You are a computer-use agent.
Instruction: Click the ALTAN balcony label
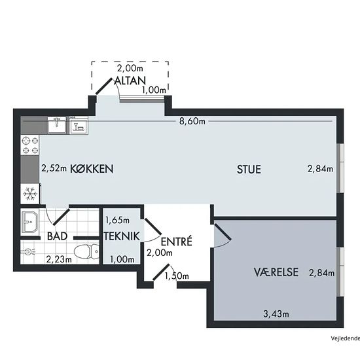pos(130,81)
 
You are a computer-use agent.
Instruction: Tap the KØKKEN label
pos(92,169)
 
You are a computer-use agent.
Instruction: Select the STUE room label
pos(249,170)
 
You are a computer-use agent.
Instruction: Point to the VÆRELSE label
pos(276,272)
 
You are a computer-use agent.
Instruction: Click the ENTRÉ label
pos(176,242)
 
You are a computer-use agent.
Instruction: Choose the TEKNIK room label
pos(122,236)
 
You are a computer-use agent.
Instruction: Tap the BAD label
pos(57,236)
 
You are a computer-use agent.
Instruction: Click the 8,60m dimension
pos(192,121)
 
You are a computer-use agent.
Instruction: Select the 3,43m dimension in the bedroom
pos(276,314)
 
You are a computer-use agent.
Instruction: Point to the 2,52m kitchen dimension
pos(54,168)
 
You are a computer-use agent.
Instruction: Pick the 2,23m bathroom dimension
pos(59,259)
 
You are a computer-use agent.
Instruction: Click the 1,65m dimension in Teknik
pos(117,221)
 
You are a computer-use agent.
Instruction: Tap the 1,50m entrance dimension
pos(177,276)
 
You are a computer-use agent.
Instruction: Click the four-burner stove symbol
pos(30,145)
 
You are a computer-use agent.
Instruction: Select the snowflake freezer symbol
pos(30,194)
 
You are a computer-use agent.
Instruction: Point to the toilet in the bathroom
pos(86,251)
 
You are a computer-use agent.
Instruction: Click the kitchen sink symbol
pos(57,125)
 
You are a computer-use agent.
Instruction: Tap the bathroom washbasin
pos(30,222)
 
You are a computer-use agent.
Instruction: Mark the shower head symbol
pos(28,252)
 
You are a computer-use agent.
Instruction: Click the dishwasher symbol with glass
pos(79,126)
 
